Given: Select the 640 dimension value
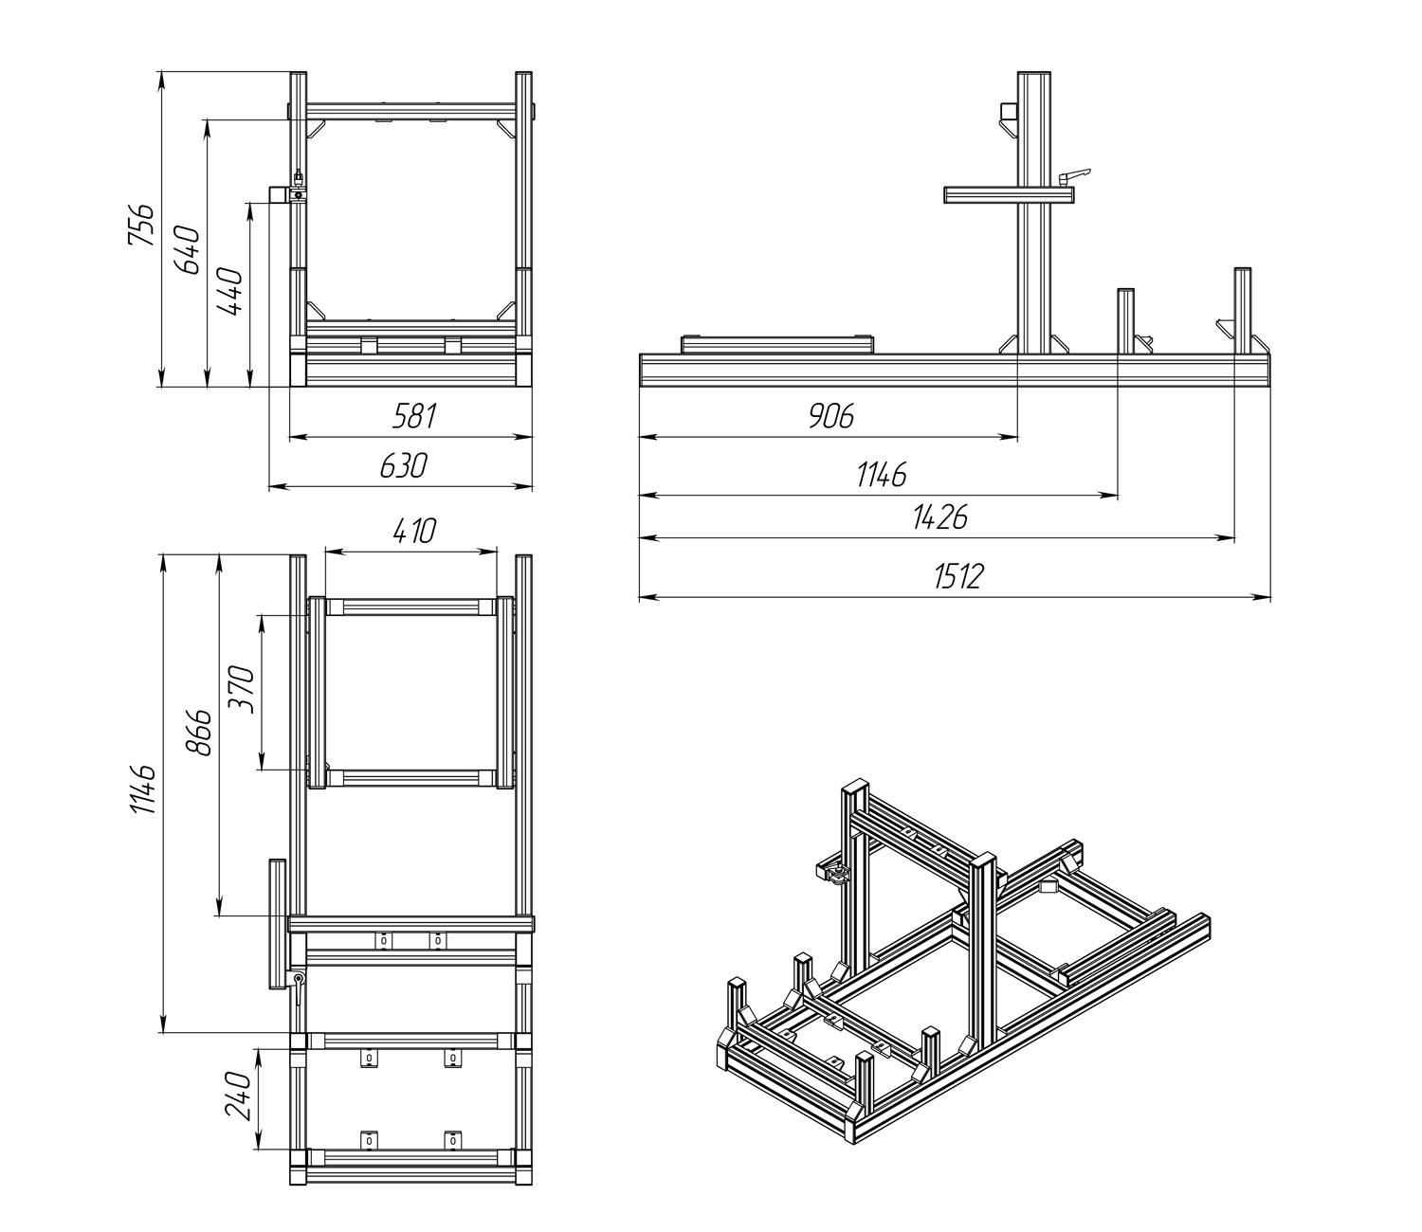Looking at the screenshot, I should pyautogui.click(x=188, y=250).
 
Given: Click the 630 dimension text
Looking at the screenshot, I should pyautogui.click(x=404, y=465).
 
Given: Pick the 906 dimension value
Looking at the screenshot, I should pyautogui.click(x=831, y=415).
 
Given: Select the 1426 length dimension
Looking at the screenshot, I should pyautogui.click(x=939, y=516).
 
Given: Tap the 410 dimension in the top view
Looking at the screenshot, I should pyautogui.click(x=413, y=531).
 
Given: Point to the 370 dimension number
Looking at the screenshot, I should pyautogui.click(x=241, y=690).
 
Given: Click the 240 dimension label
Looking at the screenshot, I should pyautogui.click(x=237, y=1096).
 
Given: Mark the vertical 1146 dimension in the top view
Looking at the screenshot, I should pyautogui.click(x=142, y=789).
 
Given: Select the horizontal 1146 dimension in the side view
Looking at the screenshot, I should pyautogui.click(x=882, y=474).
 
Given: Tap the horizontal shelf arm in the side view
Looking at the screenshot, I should pyautogui.click(x=1009, y=194).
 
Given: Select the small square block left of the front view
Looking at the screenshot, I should pyautogui.click(x=279, y=194).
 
